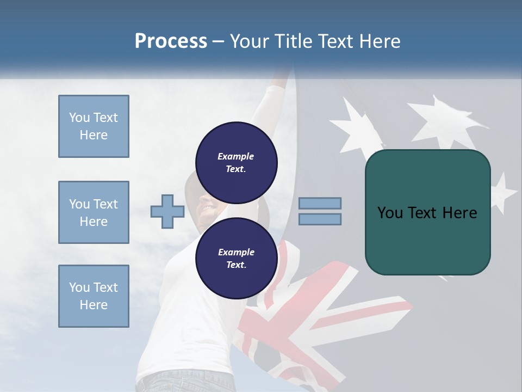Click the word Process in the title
pyautogui.click(x=171, y=41)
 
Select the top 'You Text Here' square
pyautogui.click(x=94, y=126)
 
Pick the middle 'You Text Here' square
pyautogui.click(x=94, y=212)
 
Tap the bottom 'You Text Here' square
pyautogui.click(x=94, y=296)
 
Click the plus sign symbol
pyautogui.click(x=167, y=211)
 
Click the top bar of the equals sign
pyautogui.click(x=320, y=203)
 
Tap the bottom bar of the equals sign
pyautogui.click(x=320, y=219)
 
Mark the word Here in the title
pyautogui.click(x=380, y=41)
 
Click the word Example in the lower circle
pyautogui.click(x=236, y=252)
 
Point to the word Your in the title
pyautogui.click(x=249, y=41)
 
